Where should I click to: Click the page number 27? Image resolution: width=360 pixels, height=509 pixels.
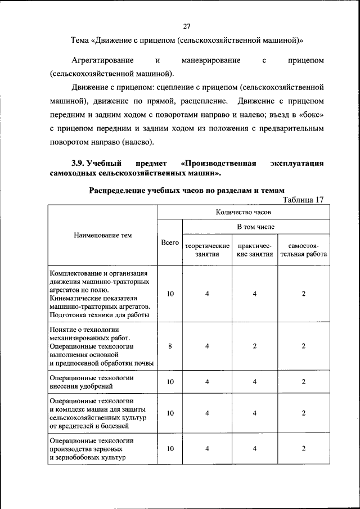click(187, 25)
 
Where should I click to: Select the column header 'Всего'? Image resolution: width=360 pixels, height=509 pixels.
click(170, 242)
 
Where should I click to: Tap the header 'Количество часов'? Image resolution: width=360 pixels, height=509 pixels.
click(243, 213)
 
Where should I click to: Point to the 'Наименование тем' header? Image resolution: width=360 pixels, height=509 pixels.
click(102, 235)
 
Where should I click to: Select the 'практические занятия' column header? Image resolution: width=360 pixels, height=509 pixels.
click(255, 250)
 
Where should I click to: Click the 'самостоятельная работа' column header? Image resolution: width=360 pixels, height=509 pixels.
click(303, 250)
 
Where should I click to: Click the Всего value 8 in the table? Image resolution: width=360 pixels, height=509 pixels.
click(170, 346)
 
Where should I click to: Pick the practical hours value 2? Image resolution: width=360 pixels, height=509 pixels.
click(255, 346)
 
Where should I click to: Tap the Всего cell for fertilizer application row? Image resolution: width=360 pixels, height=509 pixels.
click(170, 382)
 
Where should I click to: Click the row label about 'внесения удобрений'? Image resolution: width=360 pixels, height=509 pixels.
click(91, 382)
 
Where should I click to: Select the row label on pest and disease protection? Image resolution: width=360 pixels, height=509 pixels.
click(98, 413)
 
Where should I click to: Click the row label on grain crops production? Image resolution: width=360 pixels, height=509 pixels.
click(92, 448)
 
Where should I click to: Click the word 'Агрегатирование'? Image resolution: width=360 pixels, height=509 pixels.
click(102, 60)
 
